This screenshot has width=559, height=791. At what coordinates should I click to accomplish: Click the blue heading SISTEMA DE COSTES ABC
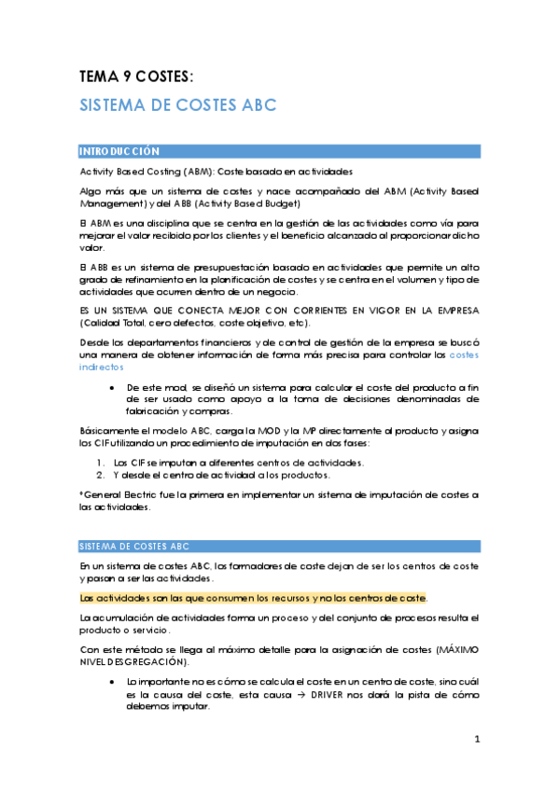[x=177, y=105]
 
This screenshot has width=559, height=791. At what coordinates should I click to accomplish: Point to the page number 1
[x=476, y=740]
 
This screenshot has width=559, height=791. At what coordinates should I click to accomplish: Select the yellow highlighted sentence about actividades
[x=254, y=597]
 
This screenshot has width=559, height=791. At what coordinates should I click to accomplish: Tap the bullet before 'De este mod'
[x=111, y=387]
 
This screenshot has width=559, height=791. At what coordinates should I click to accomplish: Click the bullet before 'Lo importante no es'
[x=111, y=683]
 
